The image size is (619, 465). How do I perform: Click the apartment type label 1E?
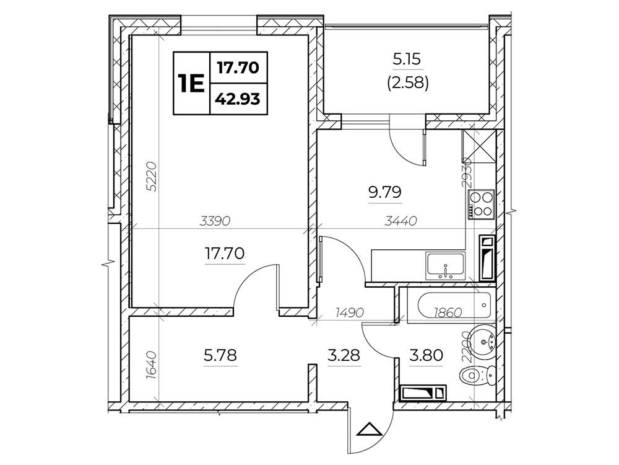tap(191, 84)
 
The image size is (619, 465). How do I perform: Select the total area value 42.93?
tap(238, 99)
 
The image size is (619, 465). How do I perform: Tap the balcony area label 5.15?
tap(407, 60)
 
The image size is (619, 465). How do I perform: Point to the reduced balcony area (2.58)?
tap(408, 83)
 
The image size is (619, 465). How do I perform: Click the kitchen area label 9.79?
tap(385, 192)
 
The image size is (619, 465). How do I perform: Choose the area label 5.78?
tap(220, 355)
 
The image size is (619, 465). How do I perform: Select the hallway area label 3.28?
tap(344, 355)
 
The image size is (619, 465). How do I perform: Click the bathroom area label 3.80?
tap(426, 355)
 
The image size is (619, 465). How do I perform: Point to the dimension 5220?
tap(152, 176)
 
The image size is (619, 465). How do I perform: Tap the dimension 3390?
tap(215, 221)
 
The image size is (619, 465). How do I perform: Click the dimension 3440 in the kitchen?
tap(401, 221)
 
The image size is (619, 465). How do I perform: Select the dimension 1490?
tap(349, 312)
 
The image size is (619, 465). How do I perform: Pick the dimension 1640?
tap(152, 366)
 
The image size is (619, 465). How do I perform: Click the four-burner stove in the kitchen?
tap(481, 204)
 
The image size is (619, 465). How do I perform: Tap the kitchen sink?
tap(445, 267)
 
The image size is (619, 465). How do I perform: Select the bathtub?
tap(454, 306)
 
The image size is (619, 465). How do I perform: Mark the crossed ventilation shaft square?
tap(479, 146)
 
